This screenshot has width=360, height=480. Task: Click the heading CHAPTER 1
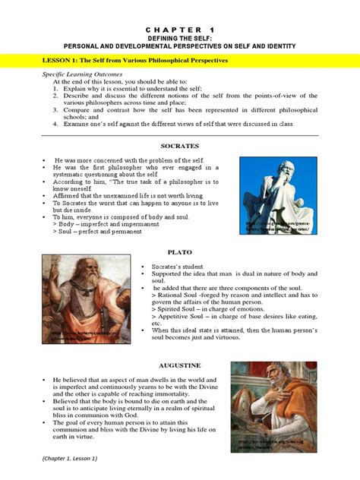pos(179,25)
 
